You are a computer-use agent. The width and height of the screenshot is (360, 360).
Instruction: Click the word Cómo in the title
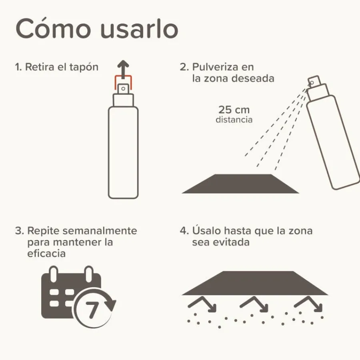click(53, 29)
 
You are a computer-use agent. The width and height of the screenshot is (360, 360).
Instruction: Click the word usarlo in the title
click(139, 29)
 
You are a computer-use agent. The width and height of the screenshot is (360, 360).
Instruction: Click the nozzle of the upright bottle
click(123, 89)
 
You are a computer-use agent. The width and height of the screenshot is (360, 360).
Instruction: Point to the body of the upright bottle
click(123, 152)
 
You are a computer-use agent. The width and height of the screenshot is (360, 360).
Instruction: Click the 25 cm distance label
click(234, 110)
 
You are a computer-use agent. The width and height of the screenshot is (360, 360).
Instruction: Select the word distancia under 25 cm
click(234, 120)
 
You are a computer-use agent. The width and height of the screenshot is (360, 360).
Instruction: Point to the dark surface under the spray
click(240, 184)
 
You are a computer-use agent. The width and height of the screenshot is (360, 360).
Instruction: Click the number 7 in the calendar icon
click(92, 310)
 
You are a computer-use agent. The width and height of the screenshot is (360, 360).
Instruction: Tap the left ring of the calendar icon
click(54, 274)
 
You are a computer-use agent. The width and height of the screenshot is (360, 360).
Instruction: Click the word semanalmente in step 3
click(100, 231)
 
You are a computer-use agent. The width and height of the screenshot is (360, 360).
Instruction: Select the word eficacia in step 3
click(46, 254)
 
